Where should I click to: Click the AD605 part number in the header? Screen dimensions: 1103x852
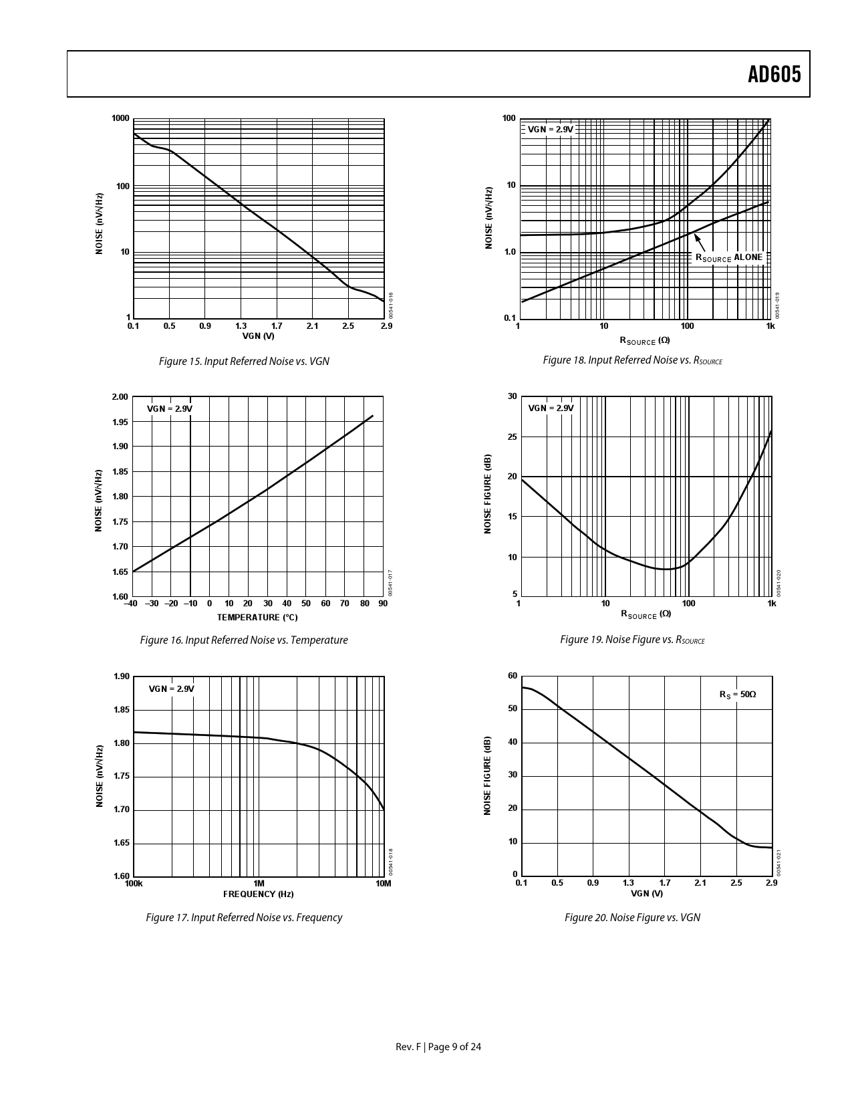pyautogui.click(x=774, y=74)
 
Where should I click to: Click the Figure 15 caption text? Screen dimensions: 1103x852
pyautogui.click(x=244, y=361)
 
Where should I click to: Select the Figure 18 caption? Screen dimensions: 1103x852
pyautogui.click(x=632, y=360)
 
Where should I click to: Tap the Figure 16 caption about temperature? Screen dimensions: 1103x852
pyautogui.click(x=244, y=640)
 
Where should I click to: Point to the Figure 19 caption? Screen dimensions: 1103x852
pyautogui.click(x=632, y=640)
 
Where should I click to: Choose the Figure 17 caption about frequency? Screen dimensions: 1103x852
pyautogui.click(x=244, y=917)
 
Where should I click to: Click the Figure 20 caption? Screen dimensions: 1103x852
pyautogui.click(x=632, y=917)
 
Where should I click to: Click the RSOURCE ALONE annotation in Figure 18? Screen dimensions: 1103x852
pyautogui.click(x=728, y=257)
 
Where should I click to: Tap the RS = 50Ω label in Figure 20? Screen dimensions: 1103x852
pyautogui.click(x=737, y=695)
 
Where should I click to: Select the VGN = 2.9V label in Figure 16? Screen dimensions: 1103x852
pyautogui.click(x=170, y=408)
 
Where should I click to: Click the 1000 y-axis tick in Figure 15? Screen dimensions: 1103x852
pyautogui.click(x=120, y=118)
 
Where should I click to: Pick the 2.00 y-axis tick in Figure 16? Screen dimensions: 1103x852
pyautogui.click(x=120, y=397)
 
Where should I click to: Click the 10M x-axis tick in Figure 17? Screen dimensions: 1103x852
pyautogui.click(x=383, y=884)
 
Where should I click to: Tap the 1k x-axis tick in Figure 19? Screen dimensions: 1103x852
pyautogui.click(x=772, y=604)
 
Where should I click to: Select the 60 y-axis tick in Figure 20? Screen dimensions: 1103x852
pyautogui.click(x=513, y=676)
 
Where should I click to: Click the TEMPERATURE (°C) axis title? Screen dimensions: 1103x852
pyautogui.click(x=257, y=617)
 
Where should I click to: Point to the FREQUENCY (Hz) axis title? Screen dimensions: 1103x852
pyautogui.click(x=258, y=894)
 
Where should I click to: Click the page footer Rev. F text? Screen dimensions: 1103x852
pyautogui.click(x=408, y=1047)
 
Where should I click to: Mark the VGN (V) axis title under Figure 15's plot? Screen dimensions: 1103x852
pyautogui.click(x=258, y=336)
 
